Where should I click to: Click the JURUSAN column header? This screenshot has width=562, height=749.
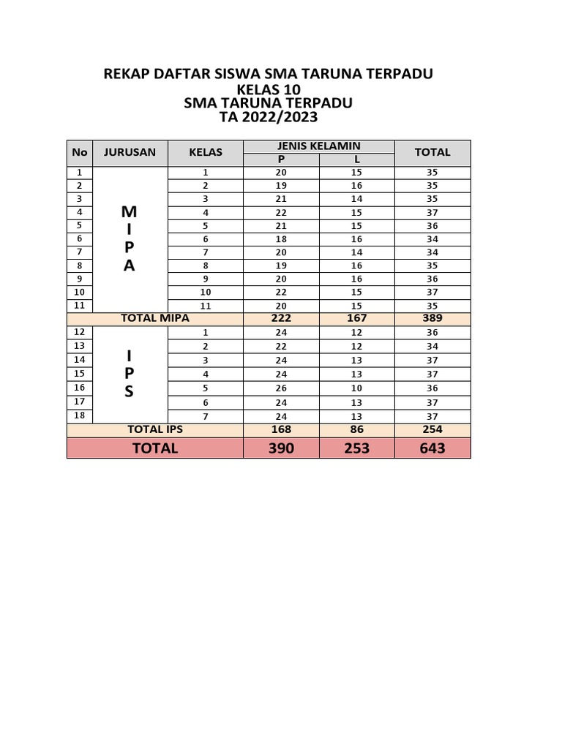[130, 152]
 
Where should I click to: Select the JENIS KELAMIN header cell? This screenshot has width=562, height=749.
[318, 146]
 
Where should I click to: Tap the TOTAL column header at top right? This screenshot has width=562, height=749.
[432, 152]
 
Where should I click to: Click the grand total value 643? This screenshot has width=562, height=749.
[432, 448]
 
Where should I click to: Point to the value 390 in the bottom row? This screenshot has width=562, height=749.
[281, 448]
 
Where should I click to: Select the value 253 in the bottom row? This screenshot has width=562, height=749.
[357, 448]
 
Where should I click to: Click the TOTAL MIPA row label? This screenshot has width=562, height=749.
[154, 318]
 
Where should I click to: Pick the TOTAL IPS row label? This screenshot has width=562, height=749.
[154, 429]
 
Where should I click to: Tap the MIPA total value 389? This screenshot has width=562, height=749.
[432, 318]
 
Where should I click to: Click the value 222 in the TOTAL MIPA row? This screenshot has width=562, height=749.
[281, 318]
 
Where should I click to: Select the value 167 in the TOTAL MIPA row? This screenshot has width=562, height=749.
[357, 318]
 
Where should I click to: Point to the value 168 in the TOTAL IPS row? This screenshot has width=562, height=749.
[281, 429]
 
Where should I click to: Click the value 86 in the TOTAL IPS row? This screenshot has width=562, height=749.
[357, 429]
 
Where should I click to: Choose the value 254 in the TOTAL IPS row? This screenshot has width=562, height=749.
[432, 429]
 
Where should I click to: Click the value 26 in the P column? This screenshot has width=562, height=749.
[281, 388]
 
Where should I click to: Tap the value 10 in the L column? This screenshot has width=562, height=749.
[357, 388]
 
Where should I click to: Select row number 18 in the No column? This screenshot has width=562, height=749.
[80, 415]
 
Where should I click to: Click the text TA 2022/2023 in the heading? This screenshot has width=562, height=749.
[269, 117]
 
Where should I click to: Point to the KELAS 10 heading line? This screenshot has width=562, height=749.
[269, 89]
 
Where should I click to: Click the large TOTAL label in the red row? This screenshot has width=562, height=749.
[154, 448]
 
